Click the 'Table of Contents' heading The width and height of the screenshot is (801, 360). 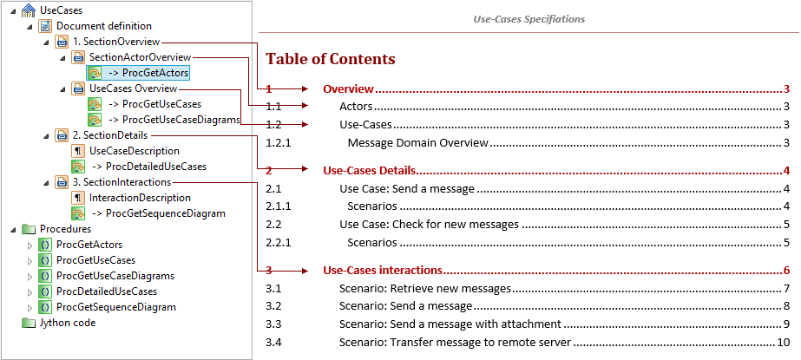330,59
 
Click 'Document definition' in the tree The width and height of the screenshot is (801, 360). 103,26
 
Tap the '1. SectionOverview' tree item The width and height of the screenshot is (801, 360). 115,42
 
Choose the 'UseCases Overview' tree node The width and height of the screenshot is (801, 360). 133,88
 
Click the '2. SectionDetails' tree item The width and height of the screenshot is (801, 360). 110,135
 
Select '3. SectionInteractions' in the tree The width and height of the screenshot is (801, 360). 121,182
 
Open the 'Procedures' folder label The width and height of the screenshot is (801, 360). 65,229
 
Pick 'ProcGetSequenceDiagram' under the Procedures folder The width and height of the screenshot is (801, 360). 115,307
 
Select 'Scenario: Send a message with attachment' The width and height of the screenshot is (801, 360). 450,324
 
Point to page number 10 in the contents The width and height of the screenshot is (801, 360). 784,342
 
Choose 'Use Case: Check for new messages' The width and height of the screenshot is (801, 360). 429,225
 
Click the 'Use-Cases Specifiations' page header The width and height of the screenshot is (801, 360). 529,19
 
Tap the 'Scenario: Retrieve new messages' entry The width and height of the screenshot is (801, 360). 424,288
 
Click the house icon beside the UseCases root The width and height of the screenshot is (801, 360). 29,10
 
